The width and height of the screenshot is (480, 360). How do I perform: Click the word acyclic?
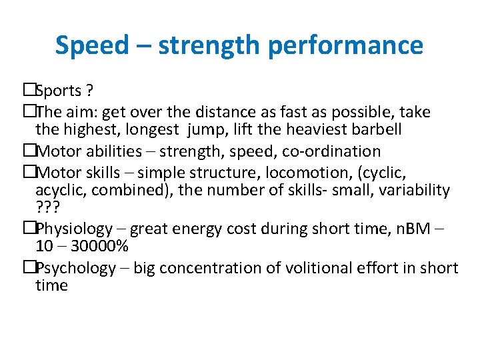[58, 191]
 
